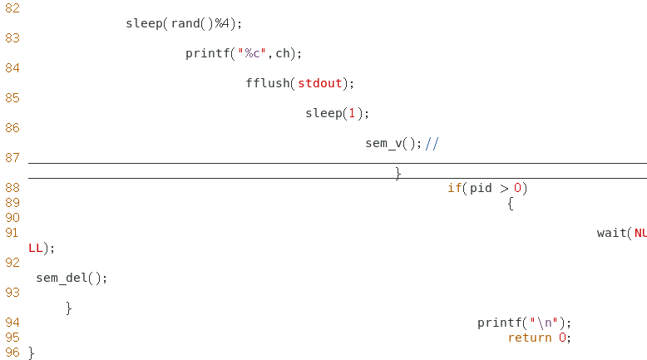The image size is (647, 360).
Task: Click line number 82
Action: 12,7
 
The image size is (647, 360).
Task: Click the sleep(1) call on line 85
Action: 336,113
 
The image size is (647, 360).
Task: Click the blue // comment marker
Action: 432,143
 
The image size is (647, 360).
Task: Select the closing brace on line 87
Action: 398,173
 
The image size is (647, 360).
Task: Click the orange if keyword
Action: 454,188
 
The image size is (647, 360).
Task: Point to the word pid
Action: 482,188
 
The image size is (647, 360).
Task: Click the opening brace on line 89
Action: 510,203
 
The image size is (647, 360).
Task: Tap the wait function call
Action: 611,233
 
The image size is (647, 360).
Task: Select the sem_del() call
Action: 72,278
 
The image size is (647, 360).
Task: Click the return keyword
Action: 530,338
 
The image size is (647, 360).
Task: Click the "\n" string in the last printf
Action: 548,323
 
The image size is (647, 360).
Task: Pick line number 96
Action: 12,353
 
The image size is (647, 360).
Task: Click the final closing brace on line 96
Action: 32,353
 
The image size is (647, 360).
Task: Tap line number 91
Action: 12,233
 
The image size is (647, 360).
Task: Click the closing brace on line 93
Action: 68,308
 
